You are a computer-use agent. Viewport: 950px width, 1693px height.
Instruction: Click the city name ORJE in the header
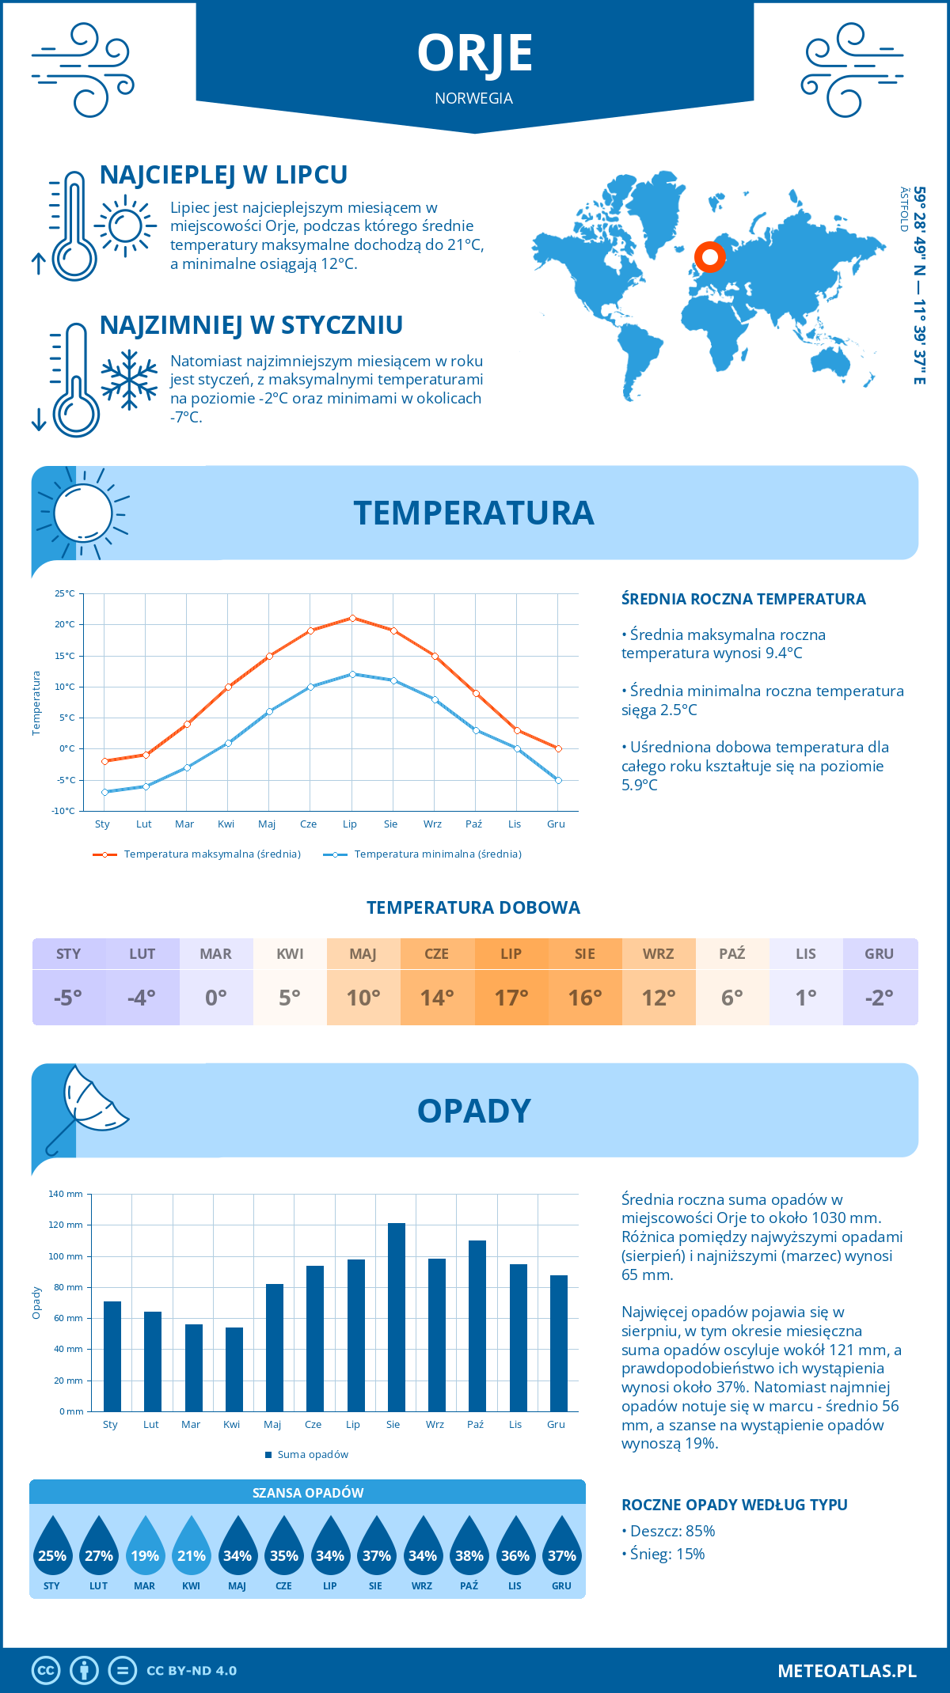474,54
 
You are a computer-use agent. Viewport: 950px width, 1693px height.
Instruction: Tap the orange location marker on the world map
710,257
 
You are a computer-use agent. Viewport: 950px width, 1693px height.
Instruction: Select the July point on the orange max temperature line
352,618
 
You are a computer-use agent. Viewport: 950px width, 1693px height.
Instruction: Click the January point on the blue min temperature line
104,792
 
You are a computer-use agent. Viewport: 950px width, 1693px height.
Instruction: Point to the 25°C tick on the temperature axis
65,593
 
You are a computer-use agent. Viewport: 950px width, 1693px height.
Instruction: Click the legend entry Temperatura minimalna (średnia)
437,854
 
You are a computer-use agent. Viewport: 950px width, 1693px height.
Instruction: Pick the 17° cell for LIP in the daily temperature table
511,998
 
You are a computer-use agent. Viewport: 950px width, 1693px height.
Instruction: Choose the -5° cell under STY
68,998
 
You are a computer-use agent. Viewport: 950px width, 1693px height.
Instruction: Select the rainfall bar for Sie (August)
396,1317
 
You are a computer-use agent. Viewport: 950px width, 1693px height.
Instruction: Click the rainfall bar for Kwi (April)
234,1369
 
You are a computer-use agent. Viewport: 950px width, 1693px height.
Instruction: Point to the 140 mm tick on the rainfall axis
66,1194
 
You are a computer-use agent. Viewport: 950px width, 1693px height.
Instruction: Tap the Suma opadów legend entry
312,1455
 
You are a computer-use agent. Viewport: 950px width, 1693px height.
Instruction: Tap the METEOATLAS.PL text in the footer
847,1671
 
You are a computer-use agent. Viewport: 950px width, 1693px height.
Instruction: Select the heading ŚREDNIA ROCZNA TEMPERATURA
743,600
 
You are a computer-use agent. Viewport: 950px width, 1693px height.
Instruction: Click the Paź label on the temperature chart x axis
473,824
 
